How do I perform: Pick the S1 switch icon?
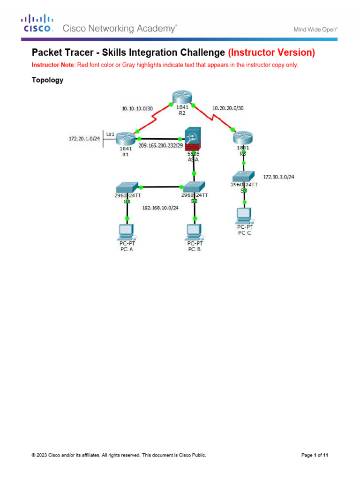pyautogui.click(x=127, y=187)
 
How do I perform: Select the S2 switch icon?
pyautogui.click(x=194, y=187)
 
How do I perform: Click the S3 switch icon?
pyautogui.click(x=243, y=176)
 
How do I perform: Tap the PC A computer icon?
pyautogui.click(x=127, y=231)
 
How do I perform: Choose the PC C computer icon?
pyautogui.click(x=244, y=215)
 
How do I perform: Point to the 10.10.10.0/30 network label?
pyautogui.click(x=137, y=108)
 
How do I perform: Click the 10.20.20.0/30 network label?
pyautogui.click(x=228, y=108)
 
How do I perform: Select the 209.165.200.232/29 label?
pyautogui.click(x=160, y=146)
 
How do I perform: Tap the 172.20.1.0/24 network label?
pyautogui.click(x=84, y=139)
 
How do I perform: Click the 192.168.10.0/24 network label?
pyautogui.click(x=160, y=208)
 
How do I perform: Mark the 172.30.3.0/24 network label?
pyautogui.click(x=282, y=177)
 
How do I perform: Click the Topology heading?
pyautogui.click(x=47, y=80)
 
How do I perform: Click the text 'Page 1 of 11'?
pyautogui.click(x=314, y=455)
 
